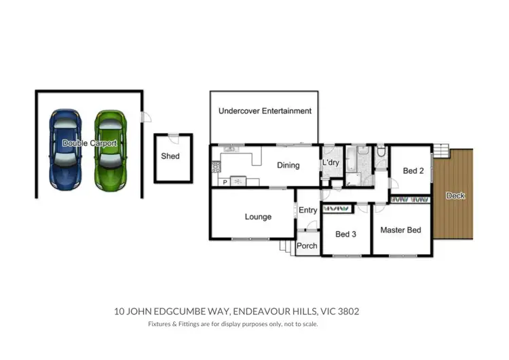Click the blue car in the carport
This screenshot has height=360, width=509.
point(65,149)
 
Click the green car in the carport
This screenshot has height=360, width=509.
point(110,149)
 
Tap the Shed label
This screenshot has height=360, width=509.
point(170,156)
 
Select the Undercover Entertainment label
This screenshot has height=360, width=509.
point(265,111)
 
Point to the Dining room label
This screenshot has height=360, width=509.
point(288,165)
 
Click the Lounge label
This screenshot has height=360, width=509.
point(258,217)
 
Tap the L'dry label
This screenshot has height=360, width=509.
point(331,164)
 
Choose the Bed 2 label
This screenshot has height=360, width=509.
point(413,171)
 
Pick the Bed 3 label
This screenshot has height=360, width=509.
point(345,234)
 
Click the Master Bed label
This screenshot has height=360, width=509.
point(400,230)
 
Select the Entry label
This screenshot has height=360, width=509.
point(307,211)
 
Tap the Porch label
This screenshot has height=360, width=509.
point(307,246)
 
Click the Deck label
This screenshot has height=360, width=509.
point(455,196)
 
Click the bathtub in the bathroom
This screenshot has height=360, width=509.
point(352,161)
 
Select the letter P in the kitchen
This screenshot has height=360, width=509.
point(224,182)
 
